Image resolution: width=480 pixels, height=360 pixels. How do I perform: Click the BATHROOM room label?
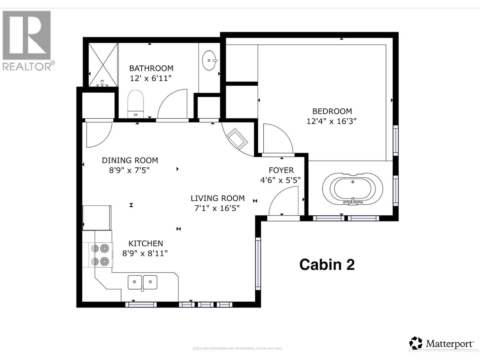click(x=151, y=68)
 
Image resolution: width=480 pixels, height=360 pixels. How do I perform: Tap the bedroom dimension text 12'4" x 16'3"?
click(x=331, y=121)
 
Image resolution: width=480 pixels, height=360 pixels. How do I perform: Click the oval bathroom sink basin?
click(x=209, y=60)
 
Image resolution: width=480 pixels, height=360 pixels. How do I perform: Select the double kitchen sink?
click(x=142, y=282)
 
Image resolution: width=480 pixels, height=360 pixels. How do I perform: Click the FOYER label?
click(x=281, y=170)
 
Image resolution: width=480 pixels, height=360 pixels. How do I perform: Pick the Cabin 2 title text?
click(x=327, y=265)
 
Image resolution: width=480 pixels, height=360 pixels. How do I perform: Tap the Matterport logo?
click(x=442, y=343)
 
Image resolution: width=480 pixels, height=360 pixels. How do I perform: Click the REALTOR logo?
click(x=27, y=40)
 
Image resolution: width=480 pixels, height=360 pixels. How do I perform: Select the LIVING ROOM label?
click(x=217, y=198)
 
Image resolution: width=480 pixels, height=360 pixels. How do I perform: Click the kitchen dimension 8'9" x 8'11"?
click(x=145, y=253)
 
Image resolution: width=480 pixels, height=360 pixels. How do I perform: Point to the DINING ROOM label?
click(x=130, y=160)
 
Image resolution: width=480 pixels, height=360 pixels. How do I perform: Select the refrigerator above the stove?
click(x=97, y=217)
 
